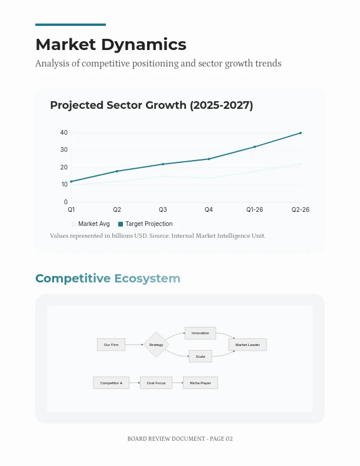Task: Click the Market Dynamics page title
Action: coord(111,45)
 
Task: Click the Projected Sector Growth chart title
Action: coord(151,105)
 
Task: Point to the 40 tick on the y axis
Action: coord(64,133)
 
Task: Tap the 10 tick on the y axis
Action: coord(64,185)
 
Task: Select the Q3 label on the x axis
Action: coord(163,209)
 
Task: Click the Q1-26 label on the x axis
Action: coord(255,209)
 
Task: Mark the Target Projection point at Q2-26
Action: coord(301,133)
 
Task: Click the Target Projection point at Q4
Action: coord(209,159)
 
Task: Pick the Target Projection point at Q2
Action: coord(117,171)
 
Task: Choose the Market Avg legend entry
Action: coord(91,224)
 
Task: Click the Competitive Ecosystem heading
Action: coord(108,278)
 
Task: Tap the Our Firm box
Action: coord(111,345)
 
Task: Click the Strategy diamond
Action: coord(156,345)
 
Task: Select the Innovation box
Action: coord(200,333)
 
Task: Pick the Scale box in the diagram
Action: coord(200,357)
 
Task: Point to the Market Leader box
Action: coord(248,345)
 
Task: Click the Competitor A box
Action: coord(111,383)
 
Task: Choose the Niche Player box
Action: coord(200,383)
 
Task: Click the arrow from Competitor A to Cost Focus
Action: coord(135,383)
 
